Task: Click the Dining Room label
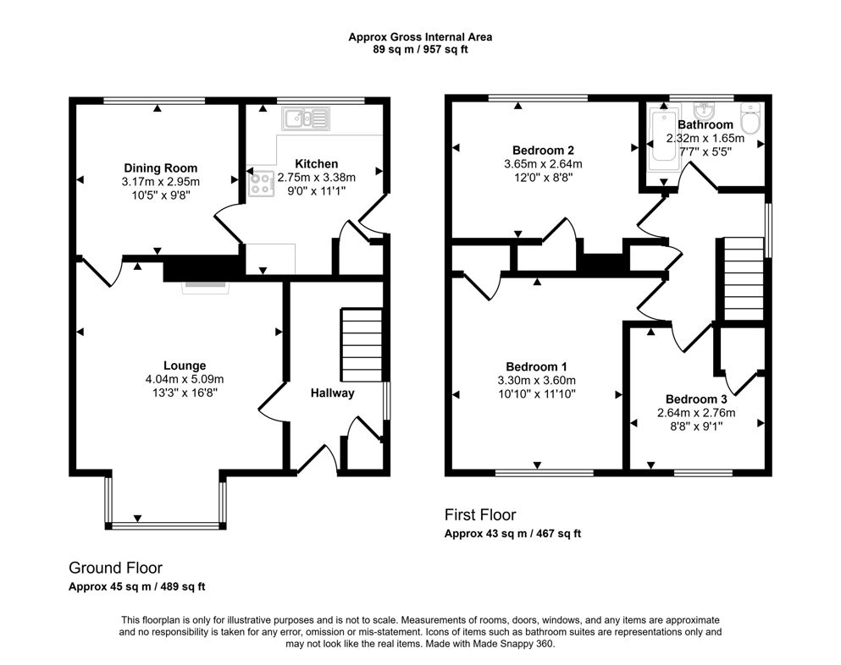[x=160, y=168]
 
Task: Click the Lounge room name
[x=185, y=365]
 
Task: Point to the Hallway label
[x=332, y=393]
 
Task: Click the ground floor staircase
[x=362, y=345]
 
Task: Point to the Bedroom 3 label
[x=695, y=399]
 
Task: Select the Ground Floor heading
[x=115, y=568]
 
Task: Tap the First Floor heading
[x=480, y=514]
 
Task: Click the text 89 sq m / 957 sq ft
[x=420, y=50]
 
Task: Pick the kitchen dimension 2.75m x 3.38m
[x=317, y=178]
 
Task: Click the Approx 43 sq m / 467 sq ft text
[x=512, y=534]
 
